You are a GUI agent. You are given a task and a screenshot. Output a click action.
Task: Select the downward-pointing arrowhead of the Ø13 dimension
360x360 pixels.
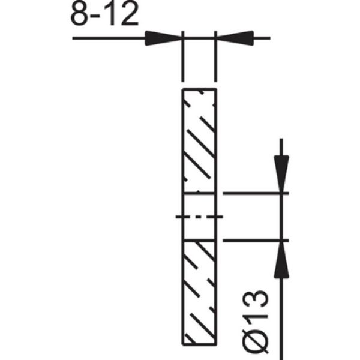(x=281, y=174)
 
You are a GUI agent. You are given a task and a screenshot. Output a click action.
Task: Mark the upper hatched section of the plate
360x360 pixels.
(x=199, y=141)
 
